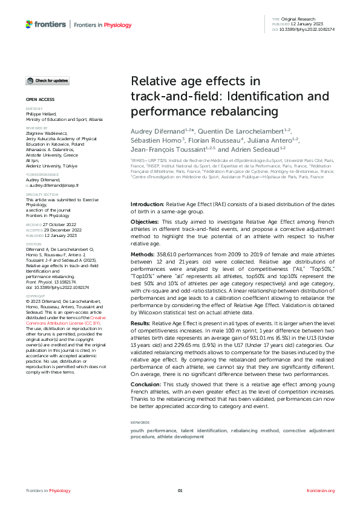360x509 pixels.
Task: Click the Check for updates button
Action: point(47,80)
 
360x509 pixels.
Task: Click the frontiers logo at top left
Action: point(47,24)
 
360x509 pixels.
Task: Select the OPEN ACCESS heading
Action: point(40,99)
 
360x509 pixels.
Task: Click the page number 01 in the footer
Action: point(180,490)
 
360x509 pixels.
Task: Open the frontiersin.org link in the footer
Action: point(321,490)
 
